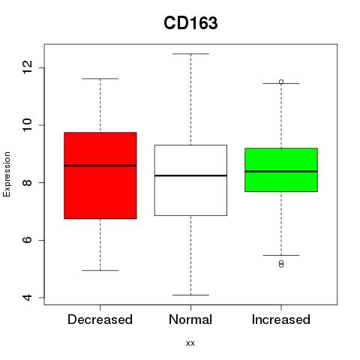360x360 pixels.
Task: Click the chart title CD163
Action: [x=190, y=23]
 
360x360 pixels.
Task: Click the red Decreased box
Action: [x=100, y=175]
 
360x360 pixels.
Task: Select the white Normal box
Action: [x=190, y=180]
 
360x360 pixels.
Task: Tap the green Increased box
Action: [x=281, y=170]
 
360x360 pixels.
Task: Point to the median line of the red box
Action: [x=100, y=166]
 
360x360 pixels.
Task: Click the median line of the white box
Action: [x=190, y=175]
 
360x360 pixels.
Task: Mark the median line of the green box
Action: [x=281, y=172]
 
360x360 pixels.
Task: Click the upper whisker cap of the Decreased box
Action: [x=100, y=79]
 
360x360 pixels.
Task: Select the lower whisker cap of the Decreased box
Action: [x=100, y=270]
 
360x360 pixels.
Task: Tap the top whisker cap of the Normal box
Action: [x=190, y=54]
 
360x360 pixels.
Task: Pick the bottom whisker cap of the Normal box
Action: [x=190, y=295]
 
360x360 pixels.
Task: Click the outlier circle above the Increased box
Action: [x=281, y=82]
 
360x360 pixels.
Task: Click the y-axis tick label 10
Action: [x=27, y=125]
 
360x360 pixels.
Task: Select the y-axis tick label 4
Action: [x=27, y=298]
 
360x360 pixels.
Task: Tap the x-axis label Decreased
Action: [x=100, y=319]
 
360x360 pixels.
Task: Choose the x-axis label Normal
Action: [x=190, y=319]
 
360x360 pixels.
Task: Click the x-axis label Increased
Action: [x=281, y=319]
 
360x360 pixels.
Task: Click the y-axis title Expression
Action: [x=7, y=174]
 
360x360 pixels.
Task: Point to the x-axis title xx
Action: [x=190, y=343]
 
